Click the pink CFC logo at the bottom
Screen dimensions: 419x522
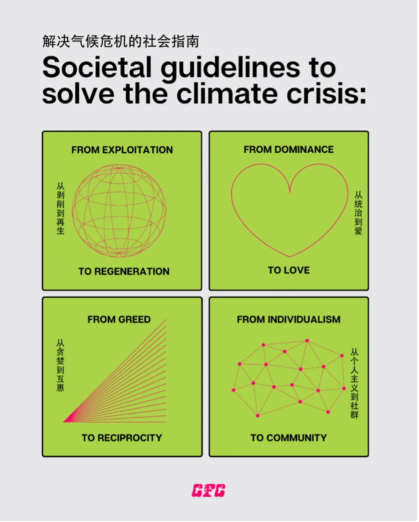click(208, 491)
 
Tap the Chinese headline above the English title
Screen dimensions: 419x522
click(121, 41)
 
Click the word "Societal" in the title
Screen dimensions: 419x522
click(97, 67)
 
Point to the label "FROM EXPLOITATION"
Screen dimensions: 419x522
click(122, 150)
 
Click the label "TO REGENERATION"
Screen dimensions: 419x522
click(124, 271)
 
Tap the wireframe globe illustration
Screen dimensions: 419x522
click(119, 211)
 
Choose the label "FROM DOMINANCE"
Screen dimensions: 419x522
click(289, 150)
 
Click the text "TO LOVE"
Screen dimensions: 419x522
click(289, 270)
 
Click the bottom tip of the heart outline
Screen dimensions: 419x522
click(290, 256)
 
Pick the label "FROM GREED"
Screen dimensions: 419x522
click(119, 320)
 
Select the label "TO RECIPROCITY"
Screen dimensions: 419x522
click(122, 438)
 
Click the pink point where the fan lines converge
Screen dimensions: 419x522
click(64, 422)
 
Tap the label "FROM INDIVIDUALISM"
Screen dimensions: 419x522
click(289, 320)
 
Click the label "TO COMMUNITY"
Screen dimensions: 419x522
click(289, 438)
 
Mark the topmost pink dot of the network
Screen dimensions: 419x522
click(307, 341)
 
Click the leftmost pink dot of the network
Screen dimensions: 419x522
click(233, 390)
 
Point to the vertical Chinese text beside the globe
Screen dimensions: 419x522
click(60, 208)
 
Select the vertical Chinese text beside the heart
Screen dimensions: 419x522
click(358, 213)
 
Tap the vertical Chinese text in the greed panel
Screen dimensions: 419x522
click(60, 365)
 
